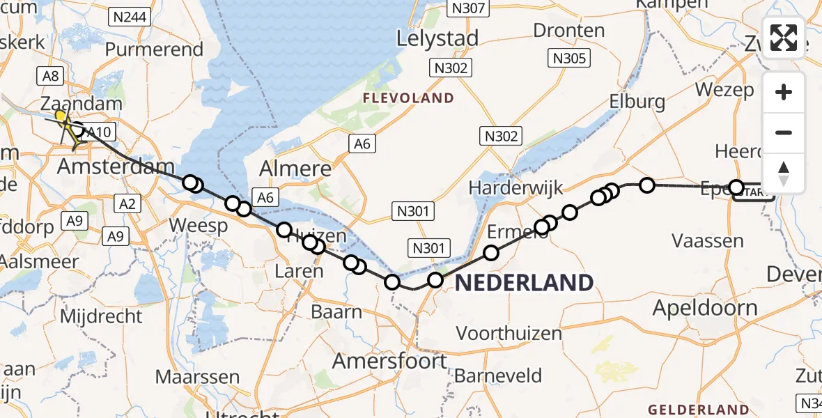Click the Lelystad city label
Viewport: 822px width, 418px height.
pos(438,38)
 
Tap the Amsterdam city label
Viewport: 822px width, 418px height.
pos(116,167)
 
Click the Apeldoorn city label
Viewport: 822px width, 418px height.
pos(705,307)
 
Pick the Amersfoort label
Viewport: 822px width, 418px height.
pos(389,361)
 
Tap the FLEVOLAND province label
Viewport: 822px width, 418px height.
pos(408,98)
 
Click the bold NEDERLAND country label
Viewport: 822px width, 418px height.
pos(524,282)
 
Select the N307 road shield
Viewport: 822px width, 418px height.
pos(469,8)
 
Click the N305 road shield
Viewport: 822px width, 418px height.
pos(569,59)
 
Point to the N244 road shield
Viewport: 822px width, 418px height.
pos(131,17)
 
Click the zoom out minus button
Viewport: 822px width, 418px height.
pos(784,132)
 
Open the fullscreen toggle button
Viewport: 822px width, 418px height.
pos(784,37)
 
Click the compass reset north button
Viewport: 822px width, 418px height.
pos(784,173)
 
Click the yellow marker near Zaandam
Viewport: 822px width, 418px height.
pos(61,116)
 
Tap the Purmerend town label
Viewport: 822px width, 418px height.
pos(154,50)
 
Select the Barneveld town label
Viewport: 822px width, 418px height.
pos(497,376)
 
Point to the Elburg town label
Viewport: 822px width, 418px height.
pos(637,102)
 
